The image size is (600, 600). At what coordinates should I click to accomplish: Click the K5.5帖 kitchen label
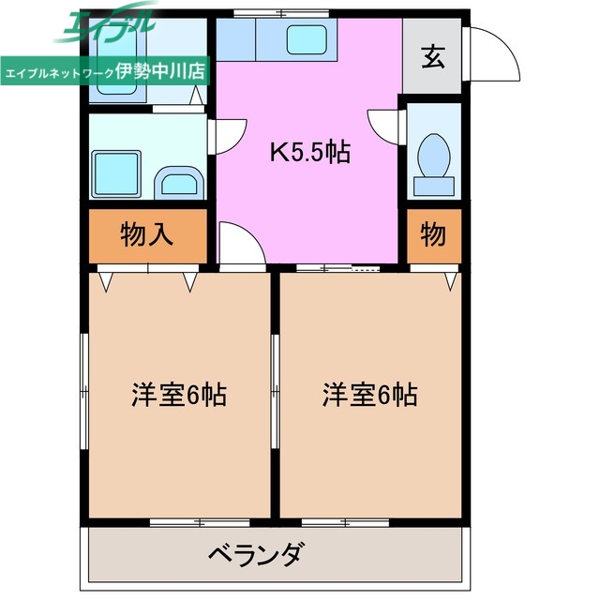pos(309,153)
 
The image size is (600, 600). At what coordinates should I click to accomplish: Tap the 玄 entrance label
pos(432,57)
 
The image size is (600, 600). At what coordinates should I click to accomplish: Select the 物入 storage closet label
pos(147,234)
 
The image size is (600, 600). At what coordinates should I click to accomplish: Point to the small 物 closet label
pos(432,234)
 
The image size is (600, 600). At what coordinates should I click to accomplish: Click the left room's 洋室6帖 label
pos(178,395)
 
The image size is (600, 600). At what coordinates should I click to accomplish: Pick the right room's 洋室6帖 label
pos(370,395)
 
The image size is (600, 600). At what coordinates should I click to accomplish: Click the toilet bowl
pos(433,155)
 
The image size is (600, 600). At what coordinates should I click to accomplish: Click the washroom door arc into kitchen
pos(229,139)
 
